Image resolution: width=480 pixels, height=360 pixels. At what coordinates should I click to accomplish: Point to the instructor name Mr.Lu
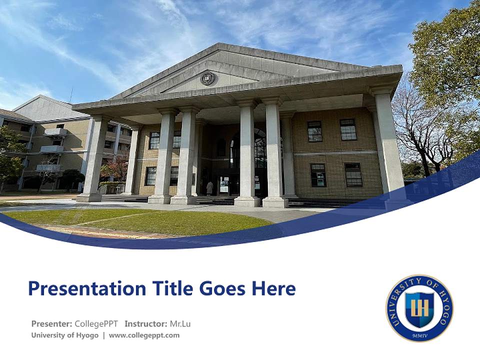pyautogui.click(x=180, y=323)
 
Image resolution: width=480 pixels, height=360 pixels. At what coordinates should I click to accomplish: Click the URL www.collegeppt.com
pyautogui.click(x=144, y=335)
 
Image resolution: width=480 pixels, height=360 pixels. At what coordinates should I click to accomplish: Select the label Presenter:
pyautogui.click(x=52, y=323)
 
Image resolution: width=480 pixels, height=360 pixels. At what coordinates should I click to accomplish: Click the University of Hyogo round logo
pyautogui.click(x=419, y=308)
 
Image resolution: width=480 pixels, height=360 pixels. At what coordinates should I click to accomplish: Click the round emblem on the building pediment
pyautogui.click(x=208, y=78)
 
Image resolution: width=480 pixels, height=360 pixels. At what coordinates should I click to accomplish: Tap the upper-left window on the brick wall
pyautogui.click(x=315, y=131)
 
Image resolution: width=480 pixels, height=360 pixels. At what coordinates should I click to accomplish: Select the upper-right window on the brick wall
pyautogui.click(x=348, y=129)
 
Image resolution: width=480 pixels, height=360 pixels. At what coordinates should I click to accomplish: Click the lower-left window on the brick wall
pyautogui.click(x=318, y=175)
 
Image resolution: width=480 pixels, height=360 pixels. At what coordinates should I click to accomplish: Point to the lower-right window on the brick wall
pyautogui.click(x=353, y=174)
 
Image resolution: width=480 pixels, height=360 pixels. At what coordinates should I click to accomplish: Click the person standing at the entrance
pyautogui.click(x=209, y=188)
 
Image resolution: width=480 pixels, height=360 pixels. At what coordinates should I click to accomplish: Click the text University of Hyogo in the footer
pyautogui.click(x=65, y=335)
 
